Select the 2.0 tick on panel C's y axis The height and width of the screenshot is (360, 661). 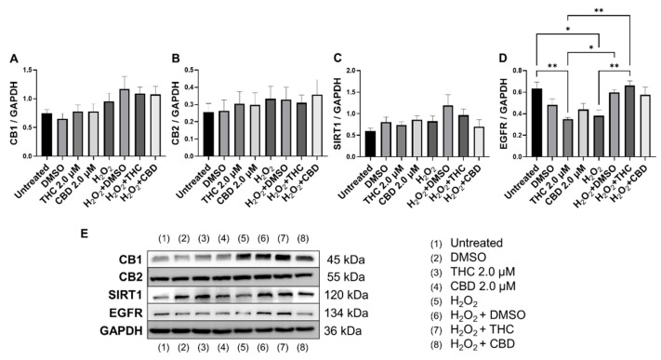tap(355, 71)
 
